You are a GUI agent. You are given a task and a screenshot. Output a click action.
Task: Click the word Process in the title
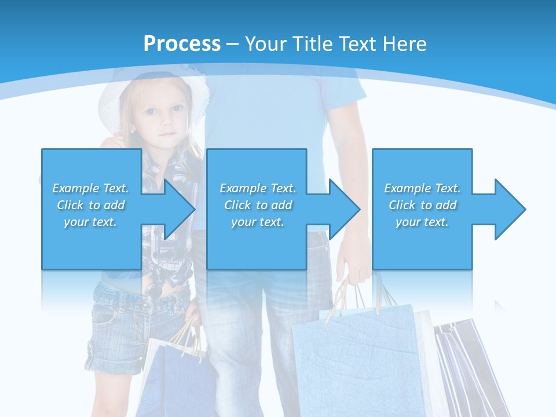[x=182, y=44]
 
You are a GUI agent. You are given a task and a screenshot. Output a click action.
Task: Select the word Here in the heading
[x=405, y=44]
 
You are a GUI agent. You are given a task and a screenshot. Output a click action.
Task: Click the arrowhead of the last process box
[x=509, y=209]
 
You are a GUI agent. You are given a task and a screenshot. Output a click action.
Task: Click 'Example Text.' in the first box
[x=90, y=188]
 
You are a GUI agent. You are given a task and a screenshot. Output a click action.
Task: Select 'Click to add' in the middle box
[x=258, y=205]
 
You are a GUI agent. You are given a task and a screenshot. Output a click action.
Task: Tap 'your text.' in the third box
[x=422, y=222]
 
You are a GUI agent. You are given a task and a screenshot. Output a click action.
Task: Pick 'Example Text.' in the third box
[x=422, y=188]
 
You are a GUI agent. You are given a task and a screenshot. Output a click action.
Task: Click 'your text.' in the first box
[x=90, y=222]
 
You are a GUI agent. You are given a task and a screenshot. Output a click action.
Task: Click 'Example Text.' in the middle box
[x=258, y=188]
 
